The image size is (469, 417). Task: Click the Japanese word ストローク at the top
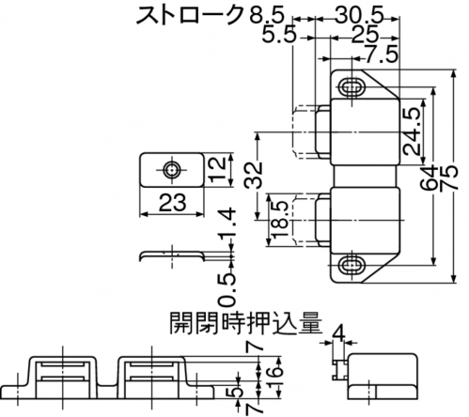pyautogui.click(x=190, y=15)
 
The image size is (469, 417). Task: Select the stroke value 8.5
pyautogui.click(x=267, y=15)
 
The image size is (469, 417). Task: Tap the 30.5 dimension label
pyautogui.click(x=359, y=15)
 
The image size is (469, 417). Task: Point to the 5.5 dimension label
pyautogui.click(x=279, y=34)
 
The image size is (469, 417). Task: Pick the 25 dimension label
pyautogui.click(x=365, y=34)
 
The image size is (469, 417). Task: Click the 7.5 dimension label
pyautogui.click(x=382, y=54)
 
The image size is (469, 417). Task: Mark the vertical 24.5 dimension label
pyautogui.click(x=411, y=131)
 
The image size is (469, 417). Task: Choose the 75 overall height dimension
pyautogui.click(x=448, y=178)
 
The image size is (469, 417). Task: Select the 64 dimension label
pyautogui.click(x=429, y=178)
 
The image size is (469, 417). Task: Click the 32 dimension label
pyautogui.click(x=253, y=175)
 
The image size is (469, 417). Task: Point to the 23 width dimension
pyautogui.click(x=173, y=202)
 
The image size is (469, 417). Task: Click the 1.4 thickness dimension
pyautogui.click(x=227, y=224)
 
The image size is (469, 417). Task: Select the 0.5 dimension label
pyautogui.click(x=227, y=289)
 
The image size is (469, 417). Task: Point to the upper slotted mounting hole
pyautogui.click(x=352, y=86)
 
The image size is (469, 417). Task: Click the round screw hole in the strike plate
pyautogui.click(x=171, y=170)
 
